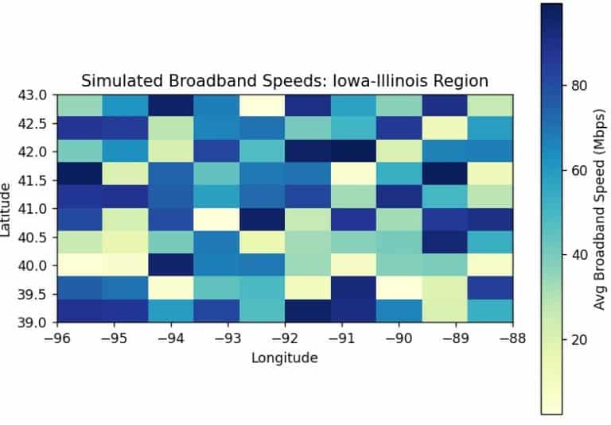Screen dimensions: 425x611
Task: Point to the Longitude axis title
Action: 285,357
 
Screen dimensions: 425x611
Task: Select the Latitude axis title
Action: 8,208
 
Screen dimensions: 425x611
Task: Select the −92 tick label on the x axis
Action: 284,338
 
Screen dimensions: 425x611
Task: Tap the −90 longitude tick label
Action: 399,338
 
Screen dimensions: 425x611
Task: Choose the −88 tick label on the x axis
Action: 512,338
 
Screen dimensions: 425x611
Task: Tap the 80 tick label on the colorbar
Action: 578,86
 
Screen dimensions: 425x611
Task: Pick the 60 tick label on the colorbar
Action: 578,170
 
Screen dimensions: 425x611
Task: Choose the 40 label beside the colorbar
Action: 578,255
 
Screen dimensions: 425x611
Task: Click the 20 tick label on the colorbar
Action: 578,340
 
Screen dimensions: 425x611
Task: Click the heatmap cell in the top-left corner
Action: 79,105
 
